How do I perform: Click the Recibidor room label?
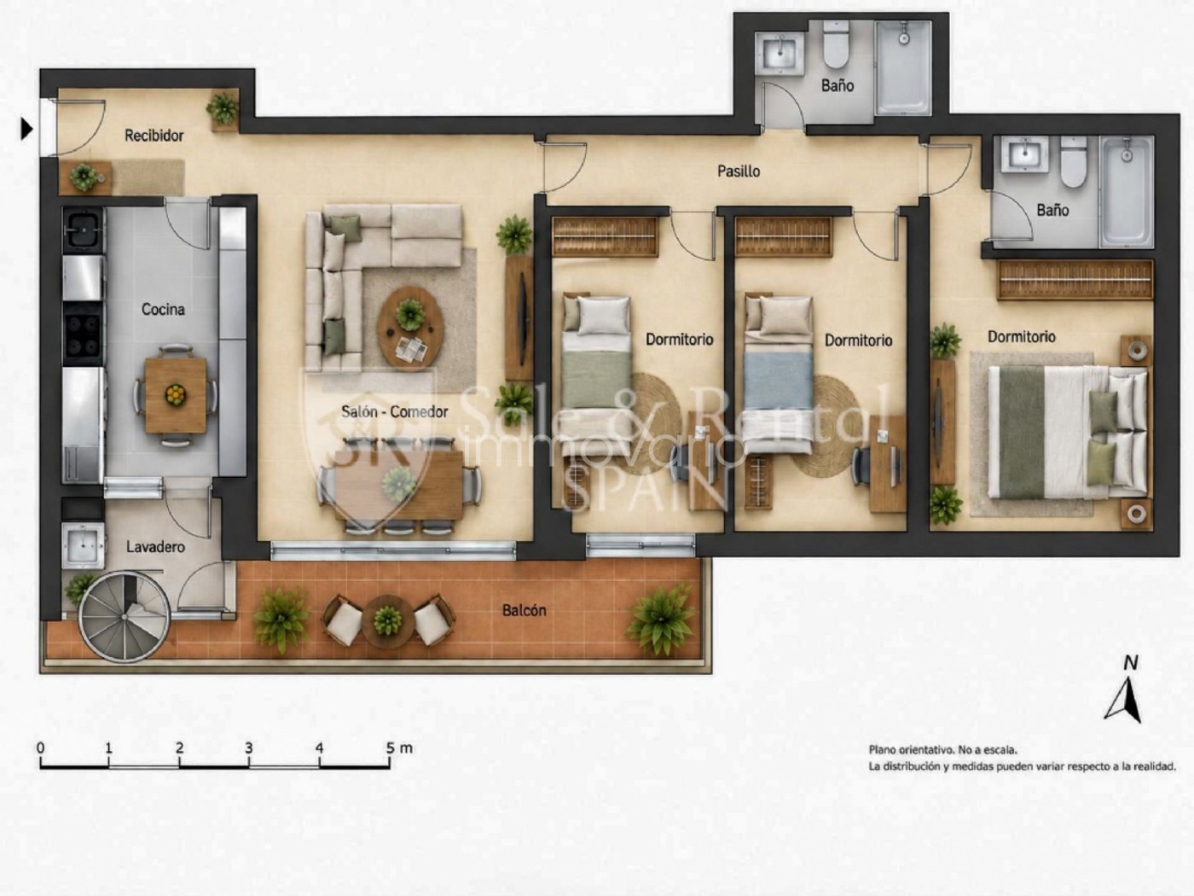coord(154,136)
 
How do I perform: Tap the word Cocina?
coord(163,309)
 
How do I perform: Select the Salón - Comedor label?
coord(395,412)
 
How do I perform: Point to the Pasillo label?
coord(739,172)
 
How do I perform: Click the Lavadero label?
coord(155,547)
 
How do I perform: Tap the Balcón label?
coord(524,610)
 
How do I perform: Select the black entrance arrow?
coord(26,130)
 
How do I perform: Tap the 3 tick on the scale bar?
coord(249,760)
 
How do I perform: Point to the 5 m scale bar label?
coord(400,748)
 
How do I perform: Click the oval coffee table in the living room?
coord(410,327)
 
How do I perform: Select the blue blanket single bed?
coord(778,375)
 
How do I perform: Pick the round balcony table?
coord(387,620)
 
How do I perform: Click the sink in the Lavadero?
coord(83,545)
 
